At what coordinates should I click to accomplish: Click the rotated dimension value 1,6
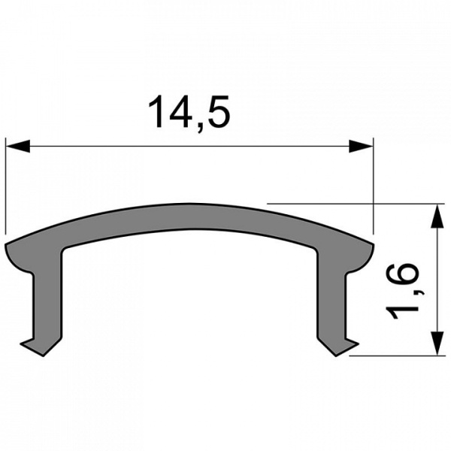[404, 291]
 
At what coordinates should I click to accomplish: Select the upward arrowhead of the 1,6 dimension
[435, 214]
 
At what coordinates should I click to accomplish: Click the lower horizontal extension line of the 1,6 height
[391, 355]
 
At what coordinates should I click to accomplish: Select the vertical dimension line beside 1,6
[435, 278]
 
